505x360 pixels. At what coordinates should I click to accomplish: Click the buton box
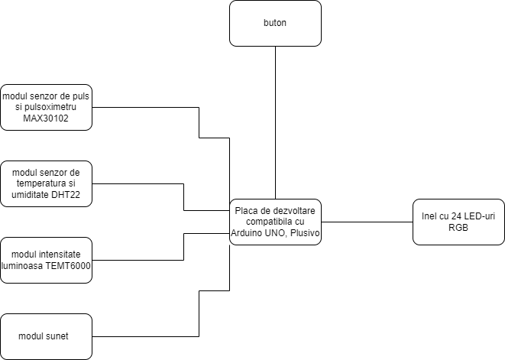click(275, 23)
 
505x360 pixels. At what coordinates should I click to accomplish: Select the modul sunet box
click(46, 336)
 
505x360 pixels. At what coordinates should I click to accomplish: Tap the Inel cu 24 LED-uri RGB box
click(458, 222)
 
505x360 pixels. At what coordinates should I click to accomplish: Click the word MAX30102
click(46, 118)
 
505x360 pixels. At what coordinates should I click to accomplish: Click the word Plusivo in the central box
click(305, 232)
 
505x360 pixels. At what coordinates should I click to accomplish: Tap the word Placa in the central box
click(243, 211)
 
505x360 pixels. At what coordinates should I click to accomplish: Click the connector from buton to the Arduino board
click(275, 122)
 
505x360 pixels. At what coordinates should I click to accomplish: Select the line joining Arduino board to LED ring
click(367, 222)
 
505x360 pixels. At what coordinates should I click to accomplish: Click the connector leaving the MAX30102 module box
click(199, 122)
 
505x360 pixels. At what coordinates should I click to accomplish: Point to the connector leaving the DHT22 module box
click(184, 197)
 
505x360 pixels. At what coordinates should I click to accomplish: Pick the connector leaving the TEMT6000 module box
click(184, 247)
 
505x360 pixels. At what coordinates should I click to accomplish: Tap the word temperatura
click(40, 183)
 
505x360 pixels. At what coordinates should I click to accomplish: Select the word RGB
click(458, 228)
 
